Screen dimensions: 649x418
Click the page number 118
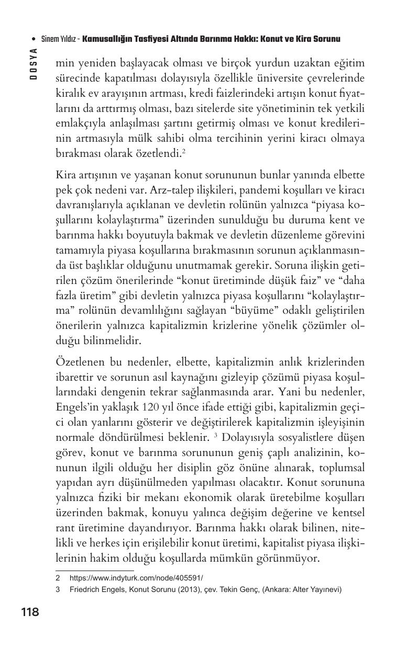(30, 612)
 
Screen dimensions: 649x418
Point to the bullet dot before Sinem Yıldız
(34, 40)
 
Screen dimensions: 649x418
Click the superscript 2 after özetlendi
(183, 152)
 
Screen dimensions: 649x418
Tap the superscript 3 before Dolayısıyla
(216, 435)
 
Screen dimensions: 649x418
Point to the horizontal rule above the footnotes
(94, 571)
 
